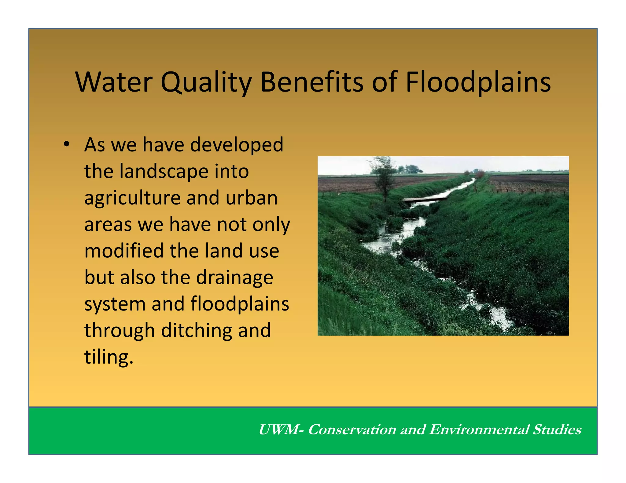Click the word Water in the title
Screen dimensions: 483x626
pos(114,82)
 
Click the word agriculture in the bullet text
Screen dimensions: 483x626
pos(132,198)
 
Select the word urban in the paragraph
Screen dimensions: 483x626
pos(252,198)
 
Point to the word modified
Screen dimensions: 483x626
pos(124,251)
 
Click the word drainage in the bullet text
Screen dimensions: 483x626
pos(234,278)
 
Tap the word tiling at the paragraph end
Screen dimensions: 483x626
pos(107,357)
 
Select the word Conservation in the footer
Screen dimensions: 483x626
pos(352,430)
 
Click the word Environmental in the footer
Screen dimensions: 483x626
pos(479,430)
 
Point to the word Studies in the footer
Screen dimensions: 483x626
pos(557,430)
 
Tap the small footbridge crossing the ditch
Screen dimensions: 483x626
pos(425,199)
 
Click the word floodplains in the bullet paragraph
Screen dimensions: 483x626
pos(240,304)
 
